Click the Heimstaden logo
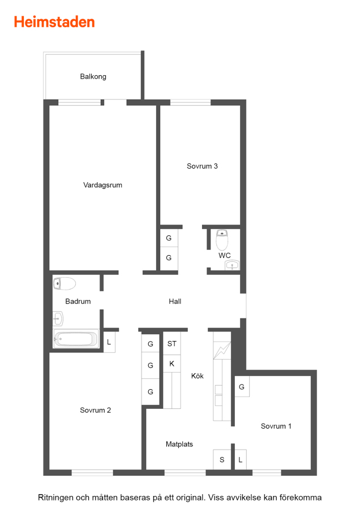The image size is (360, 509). click(54, 22)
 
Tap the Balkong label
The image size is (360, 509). click(93, 76)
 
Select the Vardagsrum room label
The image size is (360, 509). click(102, 185)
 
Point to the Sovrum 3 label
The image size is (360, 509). click(202, 166)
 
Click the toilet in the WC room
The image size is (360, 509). click(222, 239)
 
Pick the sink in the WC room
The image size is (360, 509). click(232, 265)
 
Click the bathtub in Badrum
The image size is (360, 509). click(76, 339)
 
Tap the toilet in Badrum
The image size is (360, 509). click(65, 283)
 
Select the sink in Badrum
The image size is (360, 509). click(58, 319)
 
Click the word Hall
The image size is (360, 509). click(175, 301)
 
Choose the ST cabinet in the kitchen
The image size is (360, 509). click(172, 343)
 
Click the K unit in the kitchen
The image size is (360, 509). click(172, 364)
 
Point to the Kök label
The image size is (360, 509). click(197, 376)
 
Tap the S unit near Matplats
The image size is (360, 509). click(222, 459)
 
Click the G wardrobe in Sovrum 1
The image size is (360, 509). click(242, 387)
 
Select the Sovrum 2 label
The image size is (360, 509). click(96, 411)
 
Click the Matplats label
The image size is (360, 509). click(179, 444)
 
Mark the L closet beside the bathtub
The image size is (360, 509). click(109, 342)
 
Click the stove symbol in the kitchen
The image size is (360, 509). click(222, 351)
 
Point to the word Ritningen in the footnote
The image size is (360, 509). click(55, 498)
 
